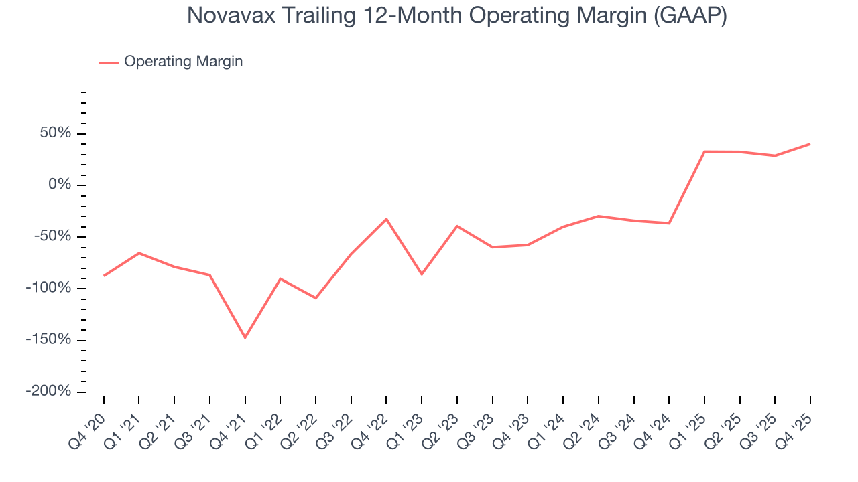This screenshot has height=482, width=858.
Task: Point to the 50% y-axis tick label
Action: coord(56,133)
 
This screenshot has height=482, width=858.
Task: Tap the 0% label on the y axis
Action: coord(61,185)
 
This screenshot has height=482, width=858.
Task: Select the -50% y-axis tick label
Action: coord(54,237)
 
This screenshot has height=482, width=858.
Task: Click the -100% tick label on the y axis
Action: coord(50,289)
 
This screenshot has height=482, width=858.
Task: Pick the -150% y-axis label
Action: coord(50,340)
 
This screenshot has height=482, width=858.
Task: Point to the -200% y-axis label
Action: coord(50,392)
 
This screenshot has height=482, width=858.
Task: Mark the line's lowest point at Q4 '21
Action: coord(245,337)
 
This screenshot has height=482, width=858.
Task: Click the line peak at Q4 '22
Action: coord(387,219)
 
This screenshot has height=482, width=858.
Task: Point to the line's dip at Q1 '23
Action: coord(422,274)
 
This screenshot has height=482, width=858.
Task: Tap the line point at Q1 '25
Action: coord(704,151)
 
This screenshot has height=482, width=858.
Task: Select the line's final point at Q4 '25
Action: coord(810,144)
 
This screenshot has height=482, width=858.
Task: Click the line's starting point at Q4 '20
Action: coord(104,276)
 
